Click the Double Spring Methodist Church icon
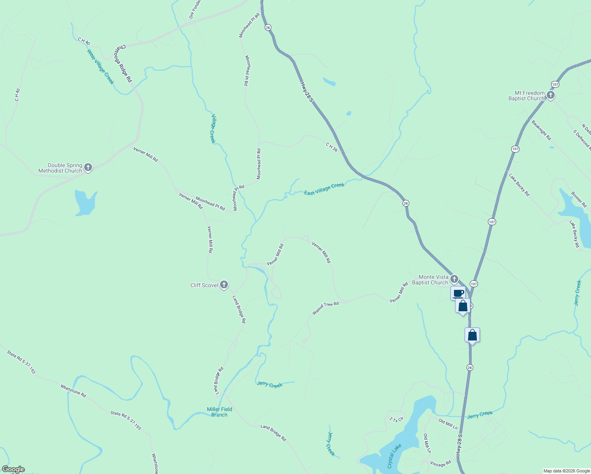tap(88, 167)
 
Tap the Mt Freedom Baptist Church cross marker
tap(550, 95)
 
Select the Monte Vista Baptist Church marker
tap(454, 279)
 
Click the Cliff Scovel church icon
tap(224, 285)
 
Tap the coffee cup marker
tap(458, 293)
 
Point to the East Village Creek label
tap(324, 189)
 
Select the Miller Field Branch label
tap(219, 412)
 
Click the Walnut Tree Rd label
tap(326, 308)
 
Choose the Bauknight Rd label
tap(541, 130)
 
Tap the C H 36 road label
tap(332, 147)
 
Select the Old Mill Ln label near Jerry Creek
tap(448, 424)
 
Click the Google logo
tap(13, 469)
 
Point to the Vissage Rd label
tap(440, 464)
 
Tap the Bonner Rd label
tap(579, 199)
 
